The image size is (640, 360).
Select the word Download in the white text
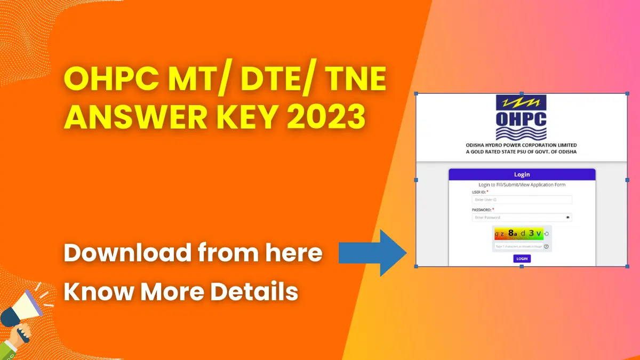pos(127,252)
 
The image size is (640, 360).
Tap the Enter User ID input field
pos(522,199)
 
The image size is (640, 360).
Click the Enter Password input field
pos(517,218)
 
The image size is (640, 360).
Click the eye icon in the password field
pos(568,218)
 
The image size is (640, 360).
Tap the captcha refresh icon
pos(547,234)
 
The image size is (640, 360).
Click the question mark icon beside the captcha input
pos(546,246)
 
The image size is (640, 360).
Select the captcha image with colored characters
pos(518,234)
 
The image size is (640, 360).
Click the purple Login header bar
pos(522,174)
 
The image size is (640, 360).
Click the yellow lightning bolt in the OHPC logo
pos(521,102)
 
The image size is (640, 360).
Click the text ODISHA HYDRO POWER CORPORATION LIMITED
pos(521,145)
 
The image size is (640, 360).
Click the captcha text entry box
pos(518,246)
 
